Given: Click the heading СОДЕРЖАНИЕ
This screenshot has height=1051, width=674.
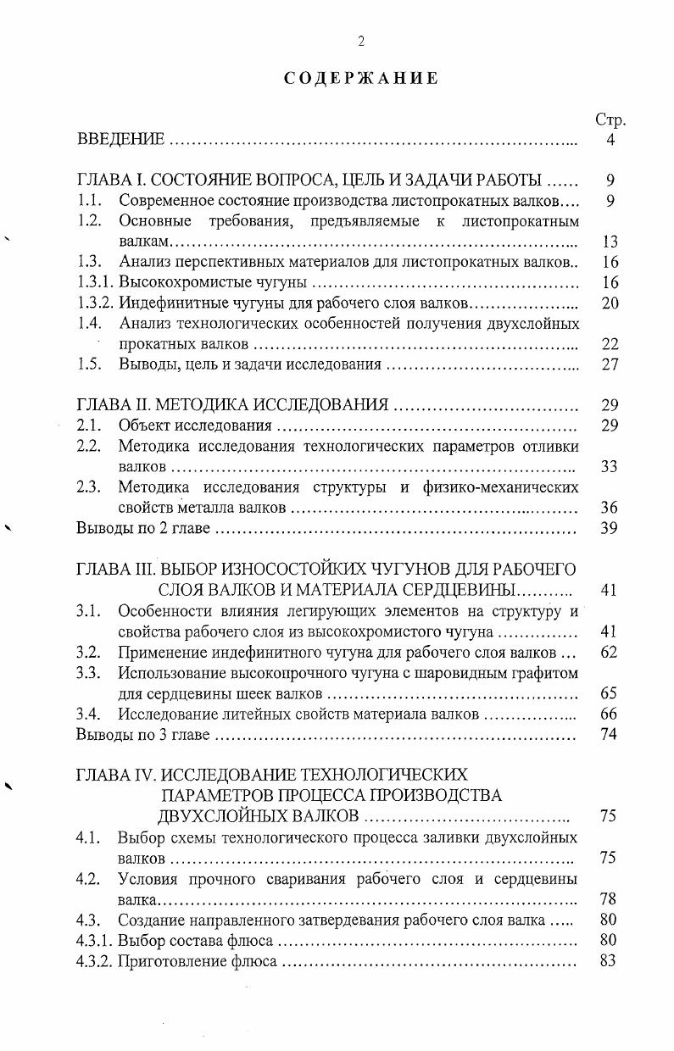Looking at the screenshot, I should pos(360,79).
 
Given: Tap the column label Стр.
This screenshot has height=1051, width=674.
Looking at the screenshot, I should pos(610,120).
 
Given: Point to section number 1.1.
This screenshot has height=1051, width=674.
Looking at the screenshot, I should pos(89,202).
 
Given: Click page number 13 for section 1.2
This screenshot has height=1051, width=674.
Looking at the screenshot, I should pos(610,242).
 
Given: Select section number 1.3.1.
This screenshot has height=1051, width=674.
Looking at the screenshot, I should pos(95,283).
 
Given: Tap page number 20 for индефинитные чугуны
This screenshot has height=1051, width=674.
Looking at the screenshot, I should pos(610,303).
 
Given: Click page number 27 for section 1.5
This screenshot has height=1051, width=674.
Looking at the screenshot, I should pos(610,364).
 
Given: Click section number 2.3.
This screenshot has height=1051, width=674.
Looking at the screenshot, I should pos(89,487).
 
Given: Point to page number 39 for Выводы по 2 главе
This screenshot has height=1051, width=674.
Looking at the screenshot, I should pos(610,529).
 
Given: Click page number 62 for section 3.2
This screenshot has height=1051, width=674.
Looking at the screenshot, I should pos(610,653).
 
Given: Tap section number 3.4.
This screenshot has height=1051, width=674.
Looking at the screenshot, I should pos(89,714).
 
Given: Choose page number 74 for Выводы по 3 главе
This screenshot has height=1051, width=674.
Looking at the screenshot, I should pos(610,734).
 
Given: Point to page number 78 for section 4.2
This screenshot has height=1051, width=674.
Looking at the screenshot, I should pos(610,898).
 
